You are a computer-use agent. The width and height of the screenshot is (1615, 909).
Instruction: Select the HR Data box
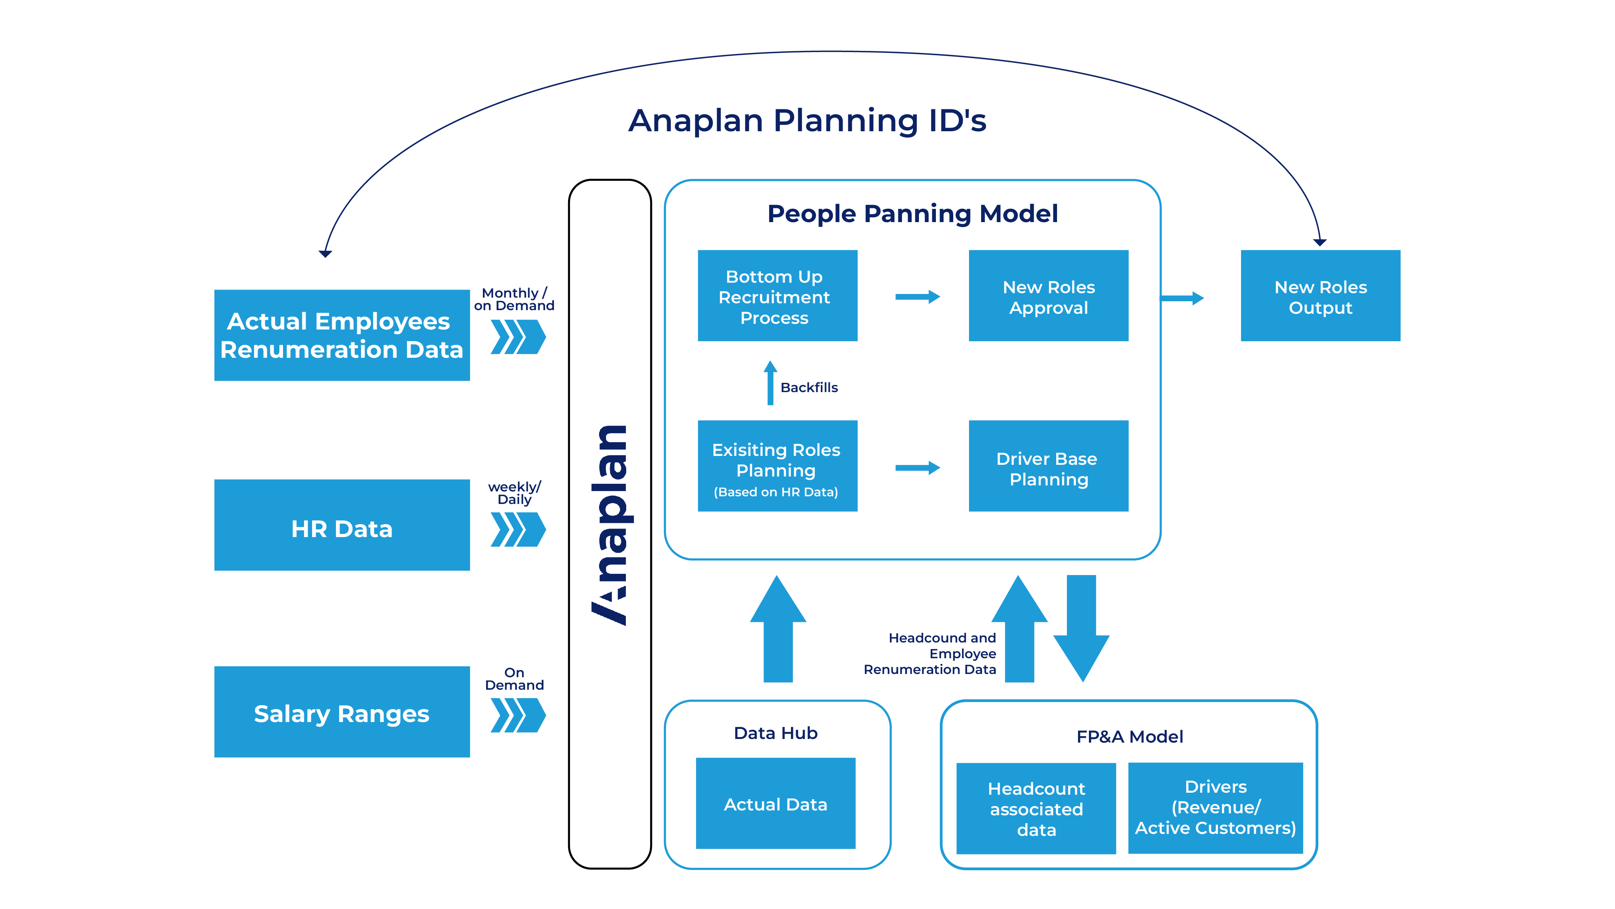point(342,525)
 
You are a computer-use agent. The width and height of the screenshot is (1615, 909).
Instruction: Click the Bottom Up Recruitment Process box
point(777,296)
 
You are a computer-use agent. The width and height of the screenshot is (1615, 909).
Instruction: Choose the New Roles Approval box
point(1048,296)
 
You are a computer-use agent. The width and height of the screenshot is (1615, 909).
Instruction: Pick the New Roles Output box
point(1320,296)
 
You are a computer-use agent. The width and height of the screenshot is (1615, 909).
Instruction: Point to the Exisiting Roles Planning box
point(777,466)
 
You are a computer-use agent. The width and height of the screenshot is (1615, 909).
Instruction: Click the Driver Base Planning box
point(1048,466)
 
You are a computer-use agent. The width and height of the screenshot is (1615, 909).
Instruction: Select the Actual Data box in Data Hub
point(776,803)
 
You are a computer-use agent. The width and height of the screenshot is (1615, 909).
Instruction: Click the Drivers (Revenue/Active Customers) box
point(1215,808)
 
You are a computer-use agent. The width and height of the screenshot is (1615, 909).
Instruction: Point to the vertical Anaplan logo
point(609,525)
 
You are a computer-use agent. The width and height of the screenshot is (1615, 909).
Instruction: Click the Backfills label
point(809,387)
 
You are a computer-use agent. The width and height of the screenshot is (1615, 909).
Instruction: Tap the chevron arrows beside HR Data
point(518,530)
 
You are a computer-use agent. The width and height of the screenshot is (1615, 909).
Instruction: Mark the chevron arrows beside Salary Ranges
point(518,715)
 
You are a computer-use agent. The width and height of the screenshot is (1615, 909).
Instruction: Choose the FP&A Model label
point(1130,737)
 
